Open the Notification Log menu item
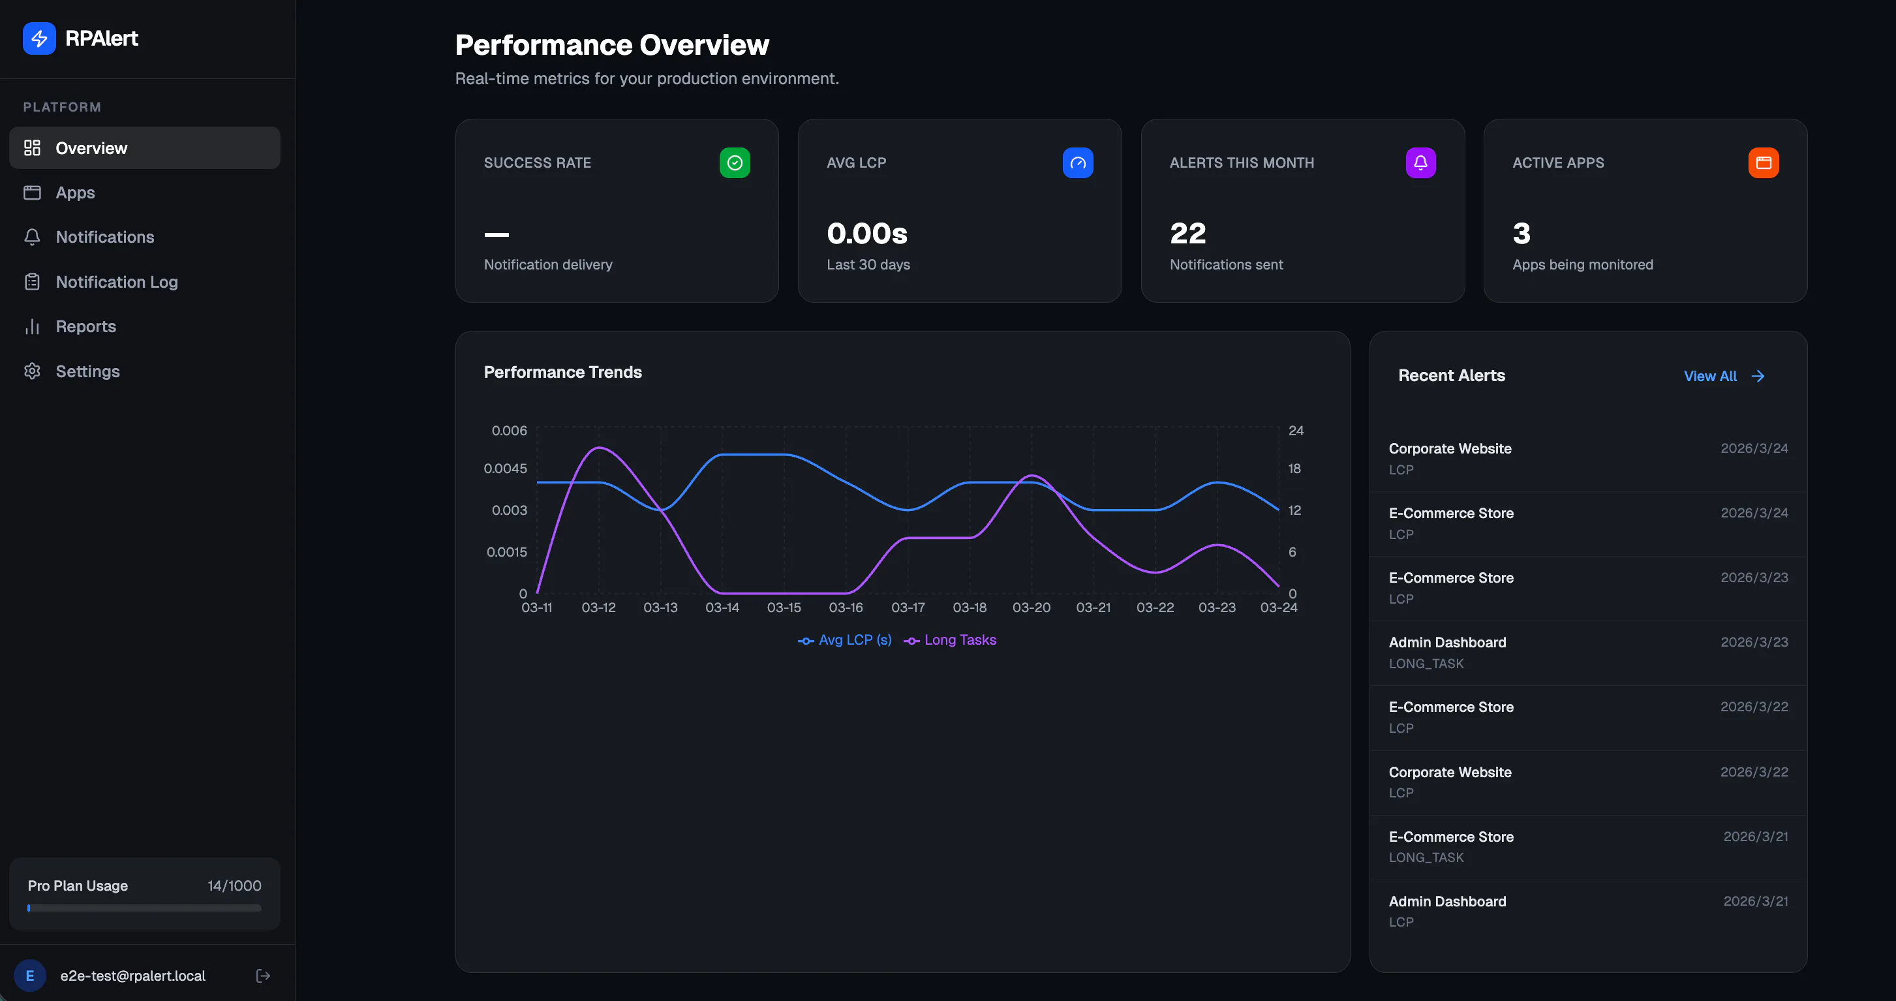[116, 282]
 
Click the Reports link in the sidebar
[85, 326]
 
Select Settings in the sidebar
[87, 371]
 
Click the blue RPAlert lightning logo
[39, 38]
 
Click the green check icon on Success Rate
[735, 162]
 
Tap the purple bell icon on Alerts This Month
[1420, 162]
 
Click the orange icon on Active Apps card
[1764, 162]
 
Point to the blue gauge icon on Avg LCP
[1078, 162]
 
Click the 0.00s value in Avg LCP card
[867, 234]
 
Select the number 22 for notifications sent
[1188, 234]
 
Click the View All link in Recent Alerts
[1724, 376]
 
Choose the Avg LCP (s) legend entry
[844, 640]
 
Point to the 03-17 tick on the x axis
[908, 608]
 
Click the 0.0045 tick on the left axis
[505, 469]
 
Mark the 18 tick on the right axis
[1294, 469]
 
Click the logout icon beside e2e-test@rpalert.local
[263, 976]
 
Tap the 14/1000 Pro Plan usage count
[234, 885]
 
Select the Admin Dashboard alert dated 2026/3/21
[1587, 911]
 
